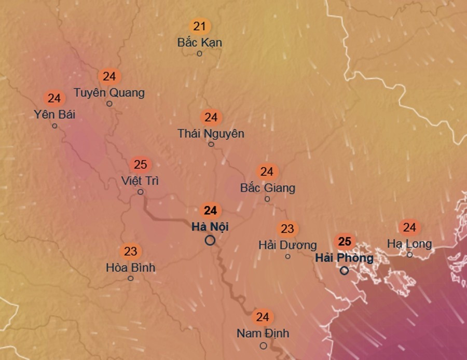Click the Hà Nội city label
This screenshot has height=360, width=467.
210,227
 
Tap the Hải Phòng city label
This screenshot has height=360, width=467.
344,258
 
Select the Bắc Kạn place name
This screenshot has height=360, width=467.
200,43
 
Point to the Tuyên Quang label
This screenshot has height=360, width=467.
109,93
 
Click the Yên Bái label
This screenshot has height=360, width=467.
54,114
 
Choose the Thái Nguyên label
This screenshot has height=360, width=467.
211,133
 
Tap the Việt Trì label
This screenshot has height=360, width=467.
140,181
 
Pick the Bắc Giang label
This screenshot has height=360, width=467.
267,188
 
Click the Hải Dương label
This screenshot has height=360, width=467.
287,245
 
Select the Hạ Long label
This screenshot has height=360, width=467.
409,243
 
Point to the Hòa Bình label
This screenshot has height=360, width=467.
130,268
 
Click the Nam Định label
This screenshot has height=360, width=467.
263,333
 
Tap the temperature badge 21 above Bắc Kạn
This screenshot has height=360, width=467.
200,26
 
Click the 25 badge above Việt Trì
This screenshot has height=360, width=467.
140,165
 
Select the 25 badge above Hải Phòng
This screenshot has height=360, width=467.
345,241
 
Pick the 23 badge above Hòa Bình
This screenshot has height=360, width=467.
130,252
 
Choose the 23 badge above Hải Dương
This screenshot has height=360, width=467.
287,228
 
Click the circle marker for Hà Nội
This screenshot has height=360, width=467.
210,240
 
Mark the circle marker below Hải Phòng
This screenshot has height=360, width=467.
344,271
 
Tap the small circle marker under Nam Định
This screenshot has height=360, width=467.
264,346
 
